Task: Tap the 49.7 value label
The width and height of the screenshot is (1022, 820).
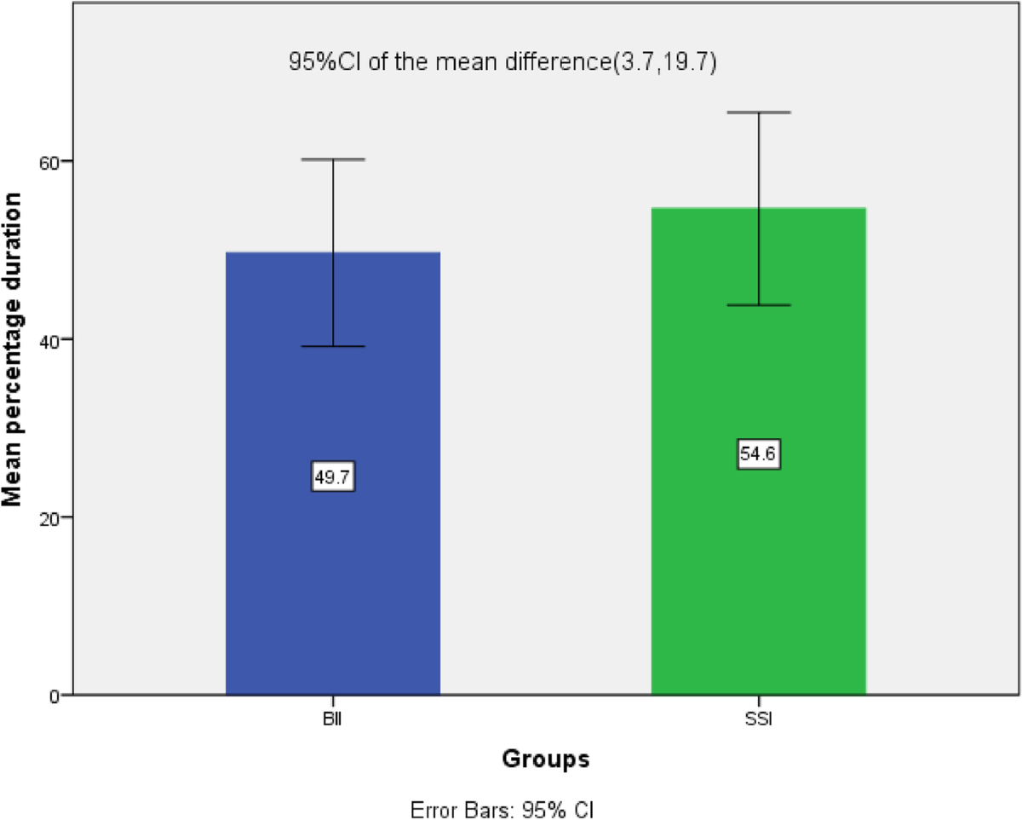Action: coord(332,478)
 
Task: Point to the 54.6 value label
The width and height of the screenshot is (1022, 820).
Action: coord(758,455)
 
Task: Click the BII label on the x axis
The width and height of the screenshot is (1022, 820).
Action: coord(332,720)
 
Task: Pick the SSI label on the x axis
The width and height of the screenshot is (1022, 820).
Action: coord(758,720)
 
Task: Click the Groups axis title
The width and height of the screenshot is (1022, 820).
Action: coord(545,759)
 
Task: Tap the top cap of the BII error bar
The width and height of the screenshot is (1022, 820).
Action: coord(332,159)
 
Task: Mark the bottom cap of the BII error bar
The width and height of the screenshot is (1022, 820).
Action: coord(332,346)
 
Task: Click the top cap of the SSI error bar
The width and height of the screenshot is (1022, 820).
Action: coord(758,113)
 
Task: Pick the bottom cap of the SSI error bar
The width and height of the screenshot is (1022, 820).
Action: coord(758,305)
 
